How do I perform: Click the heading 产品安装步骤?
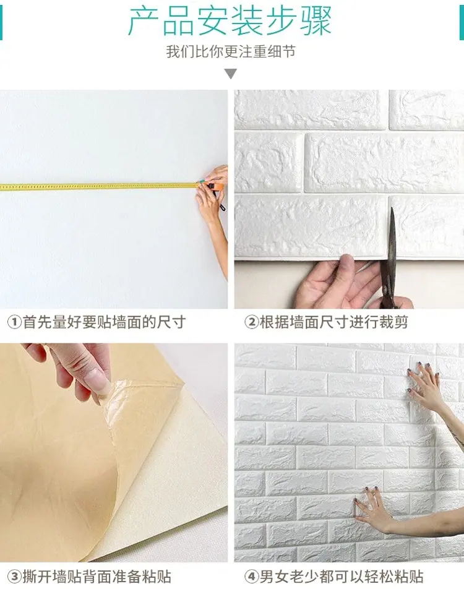point(230,22)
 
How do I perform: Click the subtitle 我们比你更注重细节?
point(231,51)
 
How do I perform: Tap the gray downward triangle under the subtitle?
point(231,74)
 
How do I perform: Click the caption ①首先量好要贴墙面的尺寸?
point(97,322)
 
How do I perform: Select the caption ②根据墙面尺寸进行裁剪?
point(326,322)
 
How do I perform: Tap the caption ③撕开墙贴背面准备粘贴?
point(90,577)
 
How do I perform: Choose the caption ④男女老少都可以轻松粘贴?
point(333,577)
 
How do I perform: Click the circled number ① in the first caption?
point(15,322)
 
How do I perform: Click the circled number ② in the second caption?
point(251,322)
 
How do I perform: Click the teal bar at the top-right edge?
point(462,22)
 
